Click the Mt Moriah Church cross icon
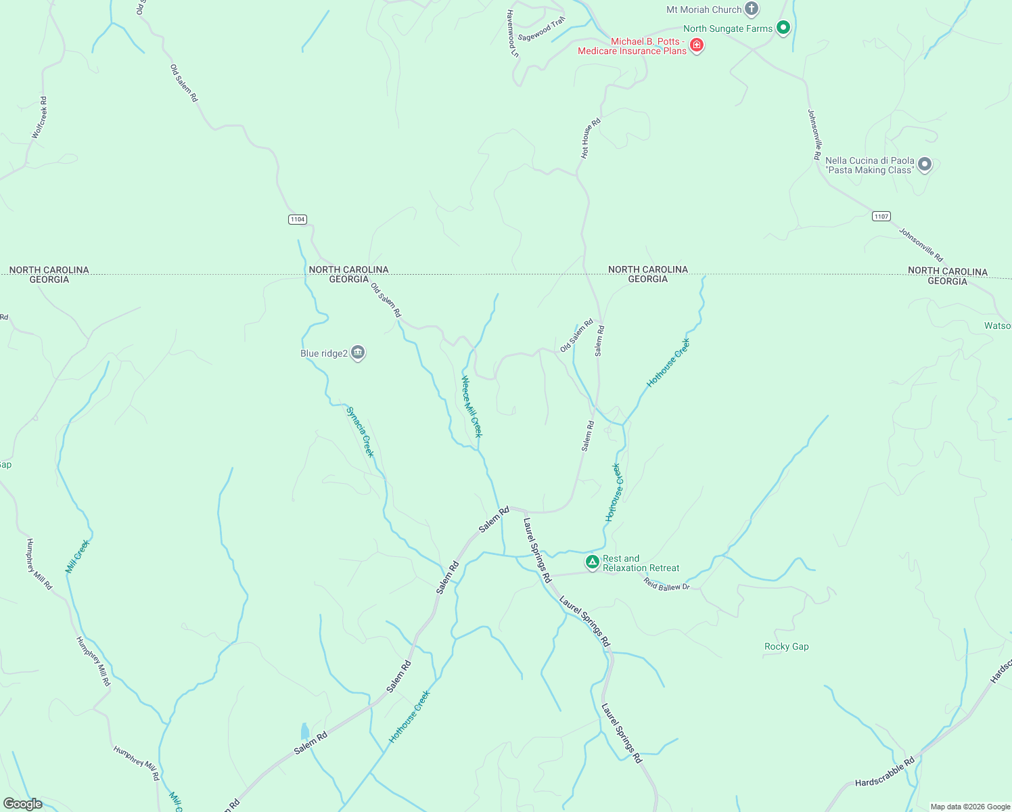click(751, 9)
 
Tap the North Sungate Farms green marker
click(783, 28)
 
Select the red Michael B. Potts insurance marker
click(697, 45)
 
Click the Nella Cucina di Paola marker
click(925, 164)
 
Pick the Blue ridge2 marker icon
click(358, 353)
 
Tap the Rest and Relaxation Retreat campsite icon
click(592, 562)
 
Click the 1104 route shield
click(297, 219)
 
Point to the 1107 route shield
click(881, 217)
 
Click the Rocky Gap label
click(786, 646)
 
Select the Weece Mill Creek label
click(471, 407)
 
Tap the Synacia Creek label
click(360, 432)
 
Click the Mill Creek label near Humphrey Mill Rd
click(77, 556)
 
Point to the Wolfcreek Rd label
click(40, 118)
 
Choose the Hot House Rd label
click(591, 139)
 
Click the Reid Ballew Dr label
click(666, 585)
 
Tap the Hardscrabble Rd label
click(884, 773)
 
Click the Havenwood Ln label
click(512, 33)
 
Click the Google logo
click(23, 803)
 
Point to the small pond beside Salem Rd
click(304, 731)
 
